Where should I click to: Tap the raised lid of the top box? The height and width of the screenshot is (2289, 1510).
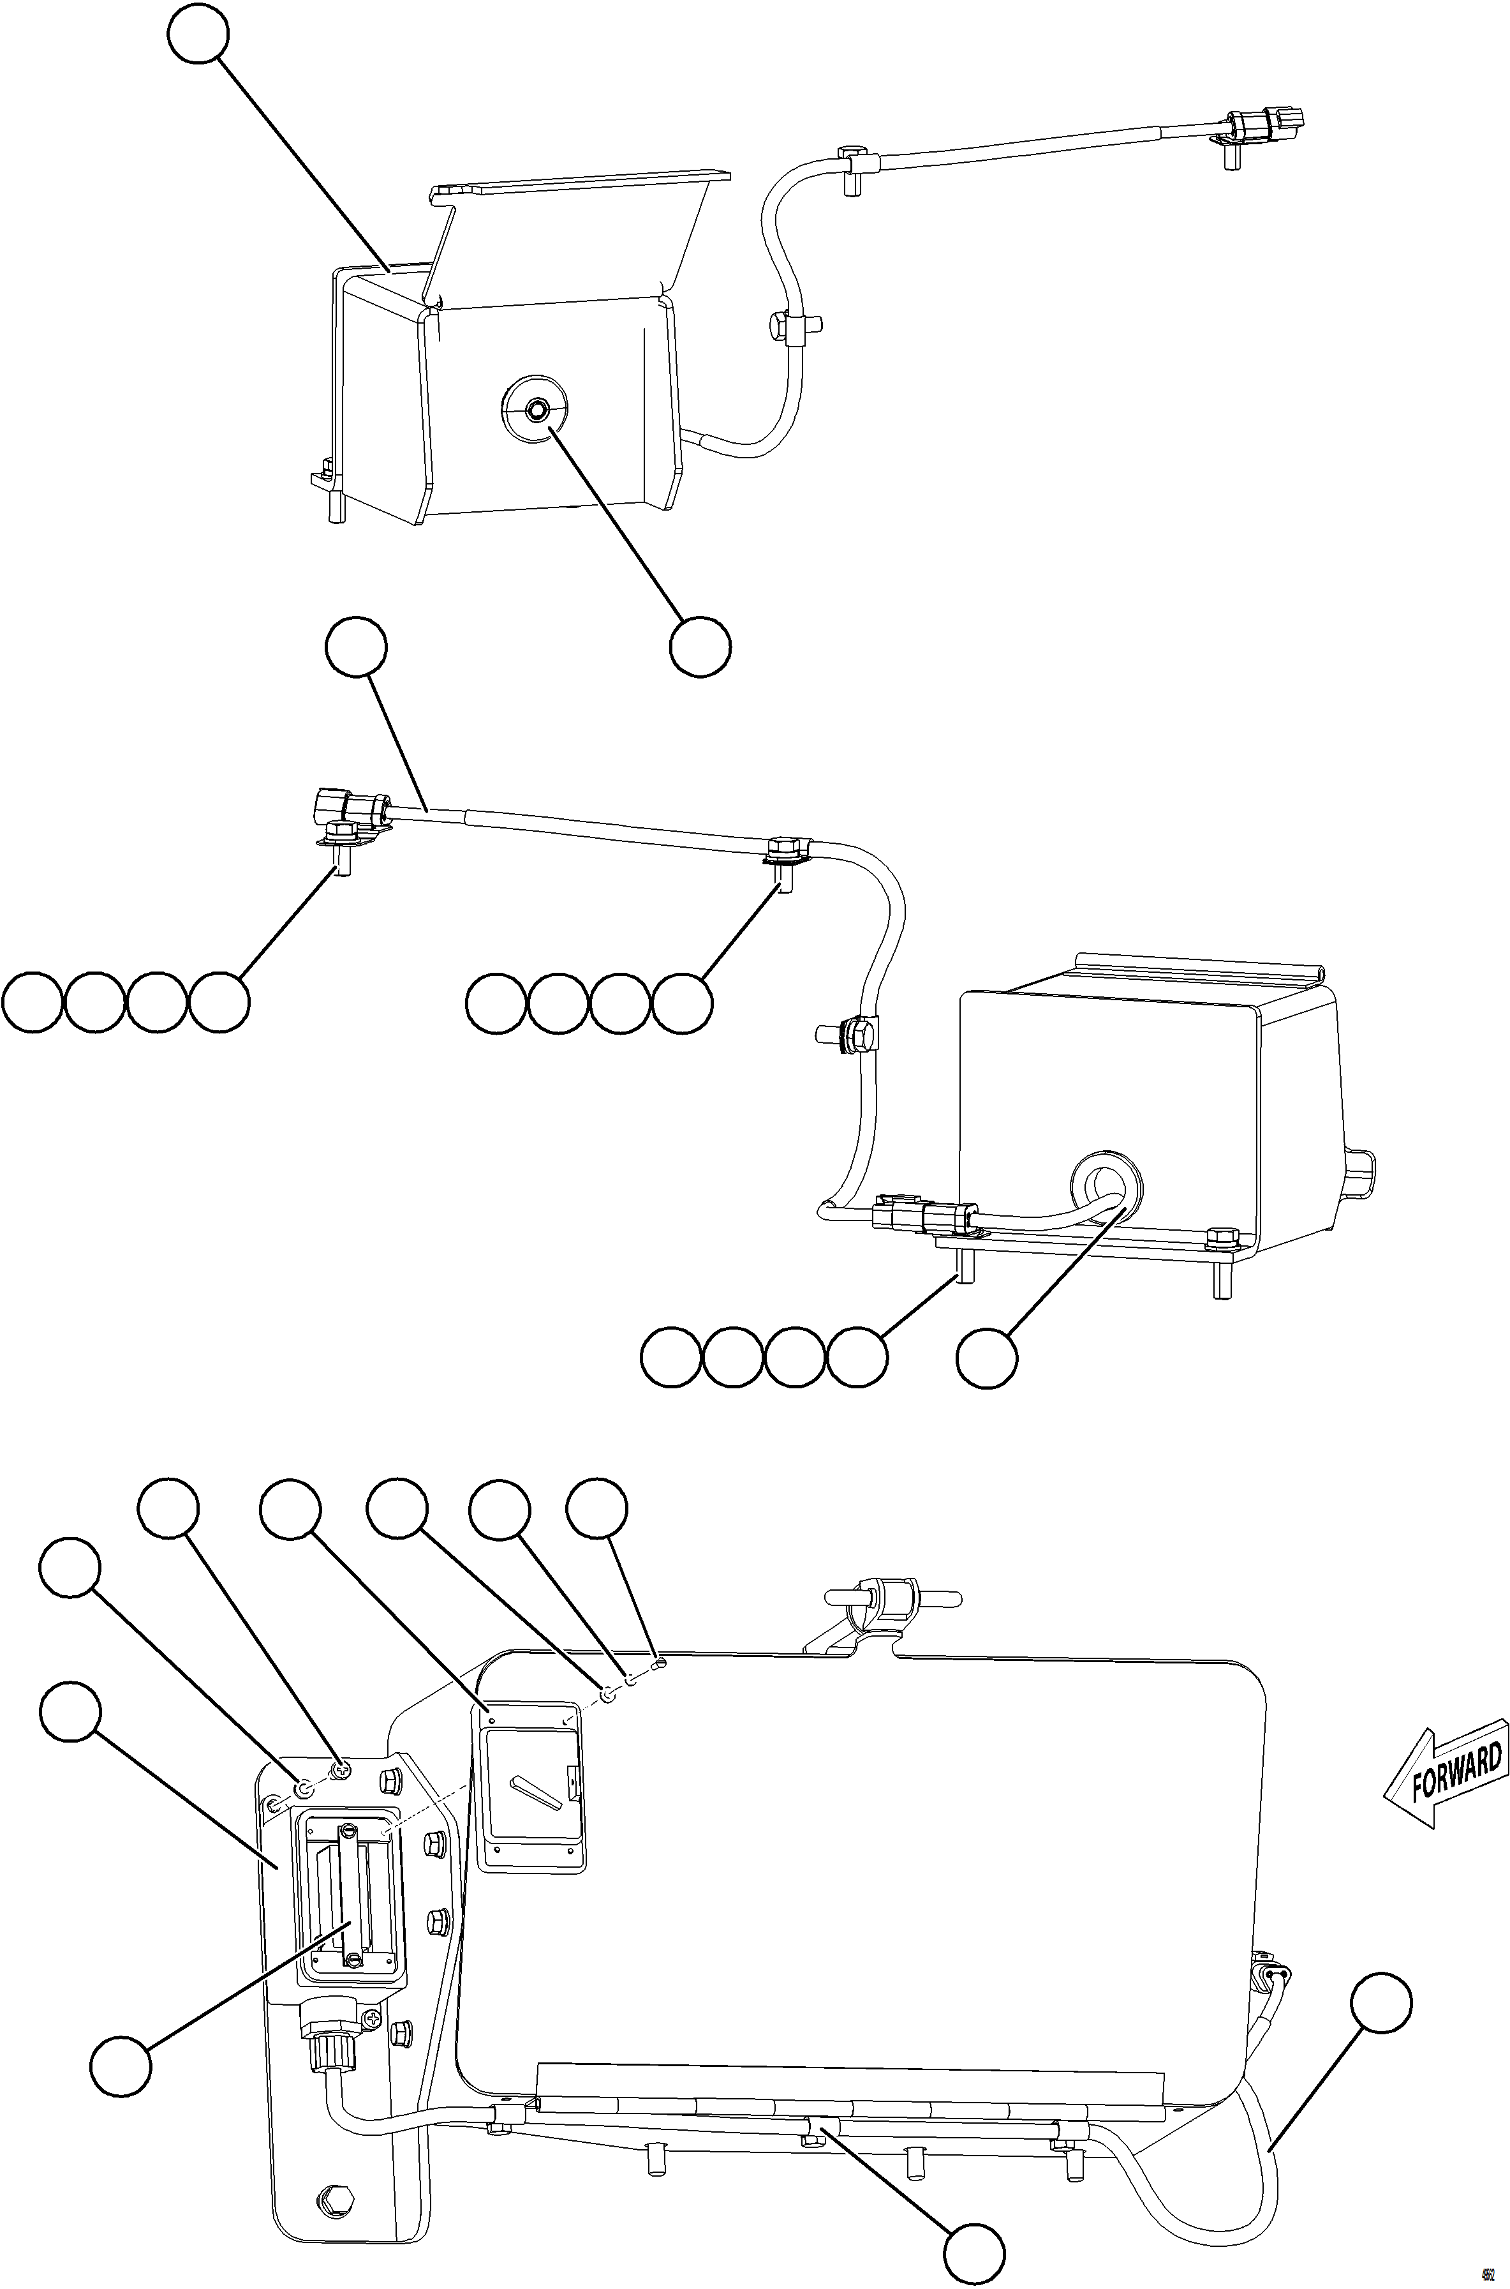click(x=578, y=231)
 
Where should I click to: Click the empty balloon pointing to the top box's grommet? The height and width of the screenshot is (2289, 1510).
click(x=700, y=647)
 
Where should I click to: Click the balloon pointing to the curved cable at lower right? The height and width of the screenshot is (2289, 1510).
click(x=1380, y=2003)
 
